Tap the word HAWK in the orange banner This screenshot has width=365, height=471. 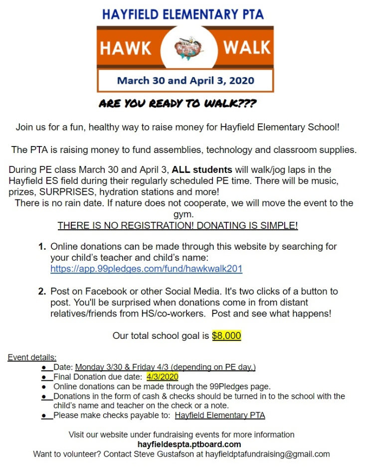(x=125, y=48)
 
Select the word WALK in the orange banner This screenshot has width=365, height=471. (x=247, y=48)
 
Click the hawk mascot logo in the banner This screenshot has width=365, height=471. (x=185, y=48)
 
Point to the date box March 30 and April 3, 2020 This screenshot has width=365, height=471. (x=185, y=81)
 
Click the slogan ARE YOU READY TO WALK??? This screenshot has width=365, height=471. (x=178, y=104)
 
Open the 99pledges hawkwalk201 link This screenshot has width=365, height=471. (x=146, y=269)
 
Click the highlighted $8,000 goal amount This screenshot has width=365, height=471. (x=226, y=336)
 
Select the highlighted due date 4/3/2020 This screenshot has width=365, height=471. (x=162, y=377)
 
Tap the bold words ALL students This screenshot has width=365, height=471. (x=202, y=170)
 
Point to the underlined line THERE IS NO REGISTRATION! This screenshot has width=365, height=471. (x=178, y=226)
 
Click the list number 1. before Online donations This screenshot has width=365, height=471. (x=42, y=247)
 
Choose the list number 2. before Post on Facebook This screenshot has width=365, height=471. (x=42, y=292)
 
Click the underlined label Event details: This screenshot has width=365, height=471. (x=32, y=357)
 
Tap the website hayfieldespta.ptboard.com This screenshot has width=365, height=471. (x=189, y=444)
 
